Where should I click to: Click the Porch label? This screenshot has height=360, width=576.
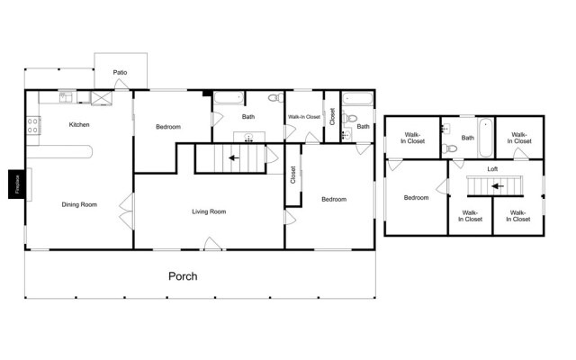pyautogui.click(x=183, y=276)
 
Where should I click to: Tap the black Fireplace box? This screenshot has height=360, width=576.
pyautogui.click(x=17, y=184)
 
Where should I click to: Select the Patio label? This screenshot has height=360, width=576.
pyautogui.click(x=120, y=72)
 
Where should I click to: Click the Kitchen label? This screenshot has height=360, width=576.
pyautogui.click(x=79, y=124)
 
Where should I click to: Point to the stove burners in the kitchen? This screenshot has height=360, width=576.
pyautogui.click(x=32, y=125)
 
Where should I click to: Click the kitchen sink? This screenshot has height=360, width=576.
pyautogui.click(x=66, y=97)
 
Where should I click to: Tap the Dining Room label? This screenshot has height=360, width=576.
pyautogui.click(x=79, y=204)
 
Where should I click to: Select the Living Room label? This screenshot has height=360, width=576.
pyautogui.click(x=209, y=211)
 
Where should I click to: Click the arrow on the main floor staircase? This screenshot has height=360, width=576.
pyautogui.click(x=234, y=158)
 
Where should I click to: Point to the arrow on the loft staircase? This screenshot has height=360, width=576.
pyautogui.click(x=498, y=186)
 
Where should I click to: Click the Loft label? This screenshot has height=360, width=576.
pyautogui.click(x=492, y=169)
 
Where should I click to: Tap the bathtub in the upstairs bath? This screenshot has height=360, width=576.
pyautogui.click(x=486, y=138)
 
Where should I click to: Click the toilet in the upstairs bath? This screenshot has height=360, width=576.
pyautogui.click(x=450, y=148)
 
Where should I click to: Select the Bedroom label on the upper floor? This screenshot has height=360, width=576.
pyautogui.click(x=416, y=198)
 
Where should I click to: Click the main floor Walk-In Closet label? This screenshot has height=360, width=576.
pyautogui.click(x=304, y=117)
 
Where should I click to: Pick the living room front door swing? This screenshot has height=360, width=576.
pyautogui.click(x=212, y=244)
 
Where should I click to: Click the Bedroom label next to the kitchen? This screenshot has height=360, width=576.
pyautogui.click(x=168, y=127)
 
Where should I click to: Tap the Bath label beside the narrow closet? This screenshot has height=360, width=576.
pyautogui.click(x=363, y=126)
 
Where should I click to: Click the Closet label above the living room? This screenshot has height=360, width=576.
pyautogui.click(x=292, y=175)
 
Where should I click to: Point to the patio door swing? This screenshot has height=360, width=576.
pyautogui.click(x=121, y=84)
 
